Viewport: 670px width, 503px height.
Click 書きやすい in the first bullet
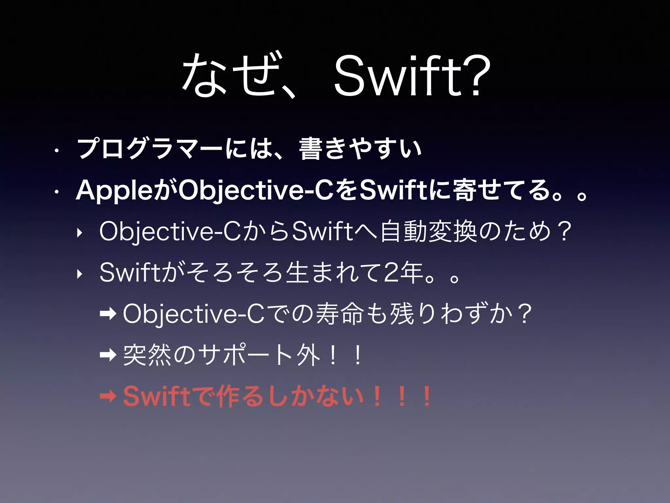click(360, 149)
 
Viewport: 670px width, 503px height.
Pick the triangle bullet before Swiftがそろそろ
click(79, 275)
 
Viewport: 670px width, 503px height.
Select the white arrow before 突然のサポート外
click(108, 354)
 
